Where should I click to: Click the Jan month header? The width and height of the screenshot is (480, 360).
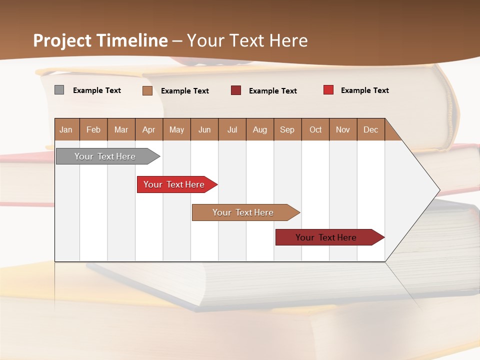[x=66, y=129]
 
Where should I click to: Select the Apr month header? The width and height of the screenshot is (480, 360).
[x=148, y=129]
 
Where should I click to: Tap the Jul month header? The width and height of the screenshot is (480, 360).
[x=232, y=129]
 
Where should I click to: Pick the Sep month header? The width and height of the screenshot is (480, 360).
[x=287, y=129]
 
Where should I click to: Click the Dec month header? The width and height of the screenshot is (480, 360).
[x=370, y=129]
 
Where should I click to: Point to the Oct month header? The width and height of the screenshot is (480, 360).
[x=315, y=129]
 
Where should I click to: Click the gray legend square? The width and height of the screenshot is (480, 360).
[x=59, y=90]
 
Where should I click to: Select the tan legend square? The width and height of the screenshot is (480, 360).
[x=147, y=90]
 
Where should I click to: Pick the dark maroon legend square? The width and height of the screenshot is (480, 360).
[x=235, y=90]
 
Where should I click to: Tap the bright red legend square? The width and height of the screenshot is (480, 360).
[x=328, y=90]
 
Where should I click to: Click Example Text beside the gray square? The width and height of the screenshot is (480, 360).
[x=96, y=90]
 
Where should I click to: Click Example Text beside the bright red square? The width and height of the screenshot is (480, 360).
[x=364, y=90]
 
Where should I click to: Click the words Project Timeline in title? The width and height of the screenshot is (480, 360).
[x=100, y=40]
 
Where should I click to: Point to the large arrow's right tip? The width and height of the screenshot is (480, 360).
[x=439, y=190]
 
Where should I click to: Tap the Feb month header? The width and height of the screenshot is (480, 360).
[x=93, y=129]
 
